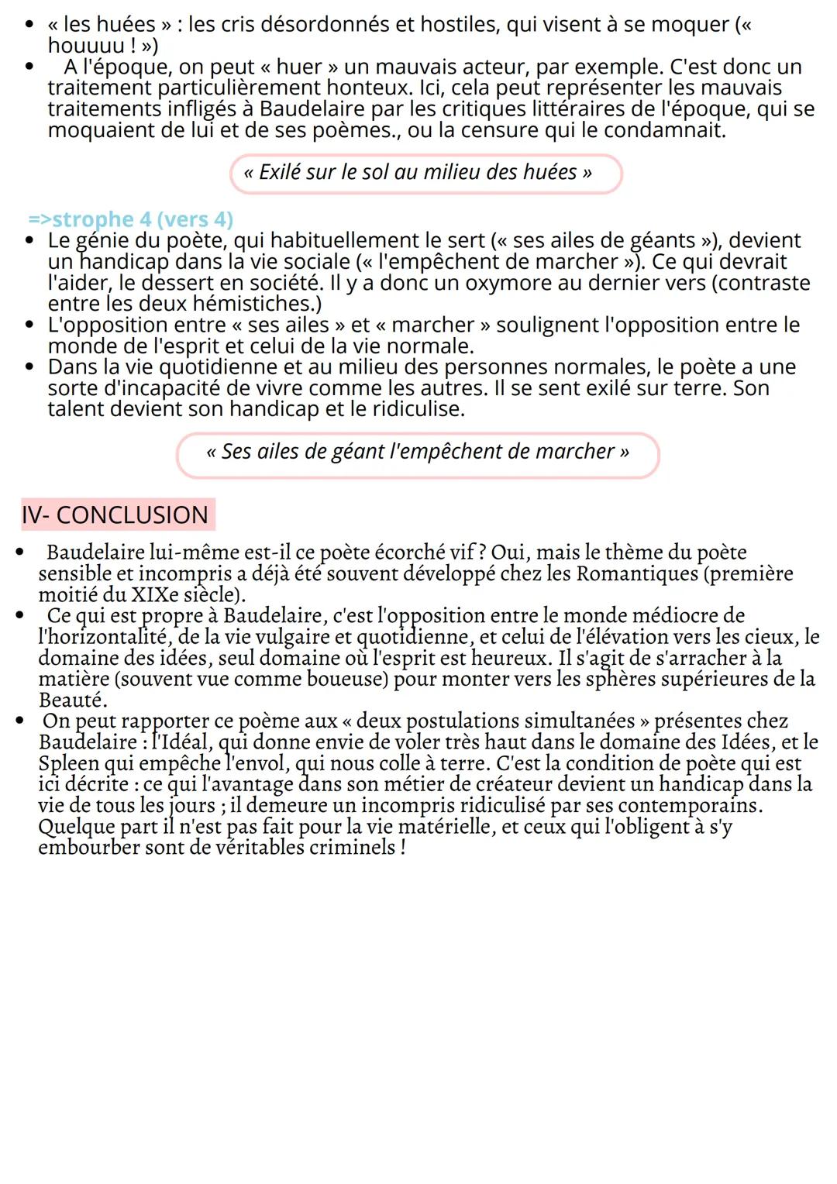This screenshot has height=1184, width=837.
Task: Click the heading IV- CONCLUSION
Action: point(115,515)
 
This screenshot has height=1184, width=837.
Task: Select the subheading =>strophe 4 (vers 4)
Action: point(131,220)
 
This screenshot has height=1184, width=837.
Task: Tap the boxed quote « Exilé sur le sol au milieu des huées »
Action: point(425,173)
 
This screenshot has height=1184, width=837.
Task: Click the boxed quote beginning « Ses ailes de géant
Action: point(417,453)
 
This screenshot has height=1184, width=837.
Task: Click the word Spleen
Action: point(68,763)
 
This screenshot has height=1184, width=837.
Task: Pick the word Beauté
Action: point(72,700)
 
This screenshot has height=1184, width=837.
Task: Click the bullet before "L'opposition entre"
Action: point(29,325)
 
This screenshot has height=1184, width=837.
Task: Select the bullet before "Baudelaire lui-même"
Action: point(20,553)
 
